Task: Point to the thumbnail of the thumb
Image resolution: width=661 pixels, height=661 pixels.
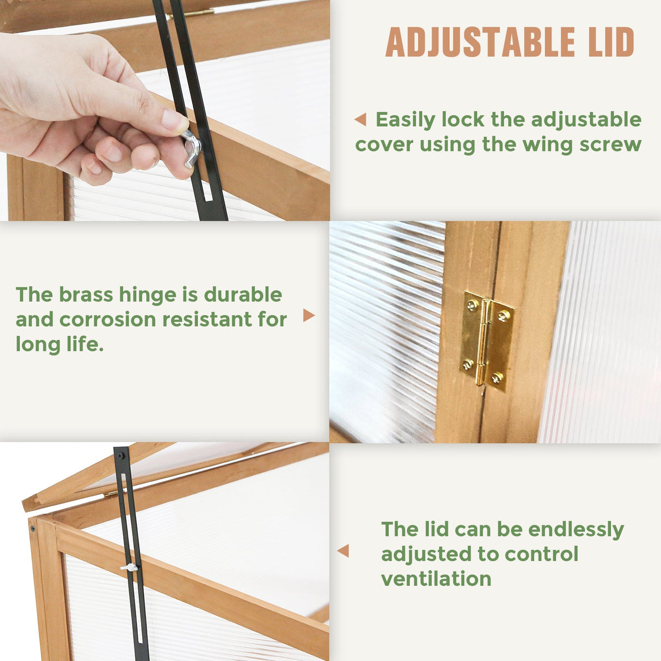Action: [x=175, y=121]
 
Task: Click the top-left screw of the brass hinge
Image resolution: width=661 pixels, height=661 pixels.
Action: [x=473, y=304]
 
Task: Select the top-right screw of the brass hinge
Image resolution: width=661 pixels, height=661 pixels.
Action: [x=503, y=316]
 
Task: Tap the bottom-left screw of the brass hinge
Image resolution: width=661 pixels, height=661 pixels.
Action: [x=467, y=364]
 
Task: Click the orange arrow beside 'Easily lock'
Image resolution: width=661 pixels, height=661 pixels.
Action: [x=360, y=119]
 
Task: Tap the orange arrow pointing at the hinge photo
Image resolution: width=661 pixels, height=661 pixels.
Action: [x=309, y=315]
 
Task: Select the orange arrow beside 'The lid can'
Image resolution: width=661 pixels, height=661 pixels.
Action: [x=343, y=550]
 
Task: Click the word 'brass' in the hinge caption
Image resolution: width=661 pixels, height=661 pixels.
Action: [x=85, y=295]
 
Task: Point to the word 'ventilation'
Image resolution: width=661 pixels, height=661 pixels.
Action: [x=436, y=579]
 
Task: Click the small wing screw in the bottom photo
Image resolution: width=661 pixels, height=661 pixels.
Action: [x=130, y=568]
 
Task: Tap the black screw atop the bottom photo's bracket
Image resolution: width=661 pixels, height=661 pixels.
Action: [x=121, y=456]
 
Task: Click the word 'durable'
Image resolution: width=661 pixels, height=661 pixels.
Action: [x=243, y=295]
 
